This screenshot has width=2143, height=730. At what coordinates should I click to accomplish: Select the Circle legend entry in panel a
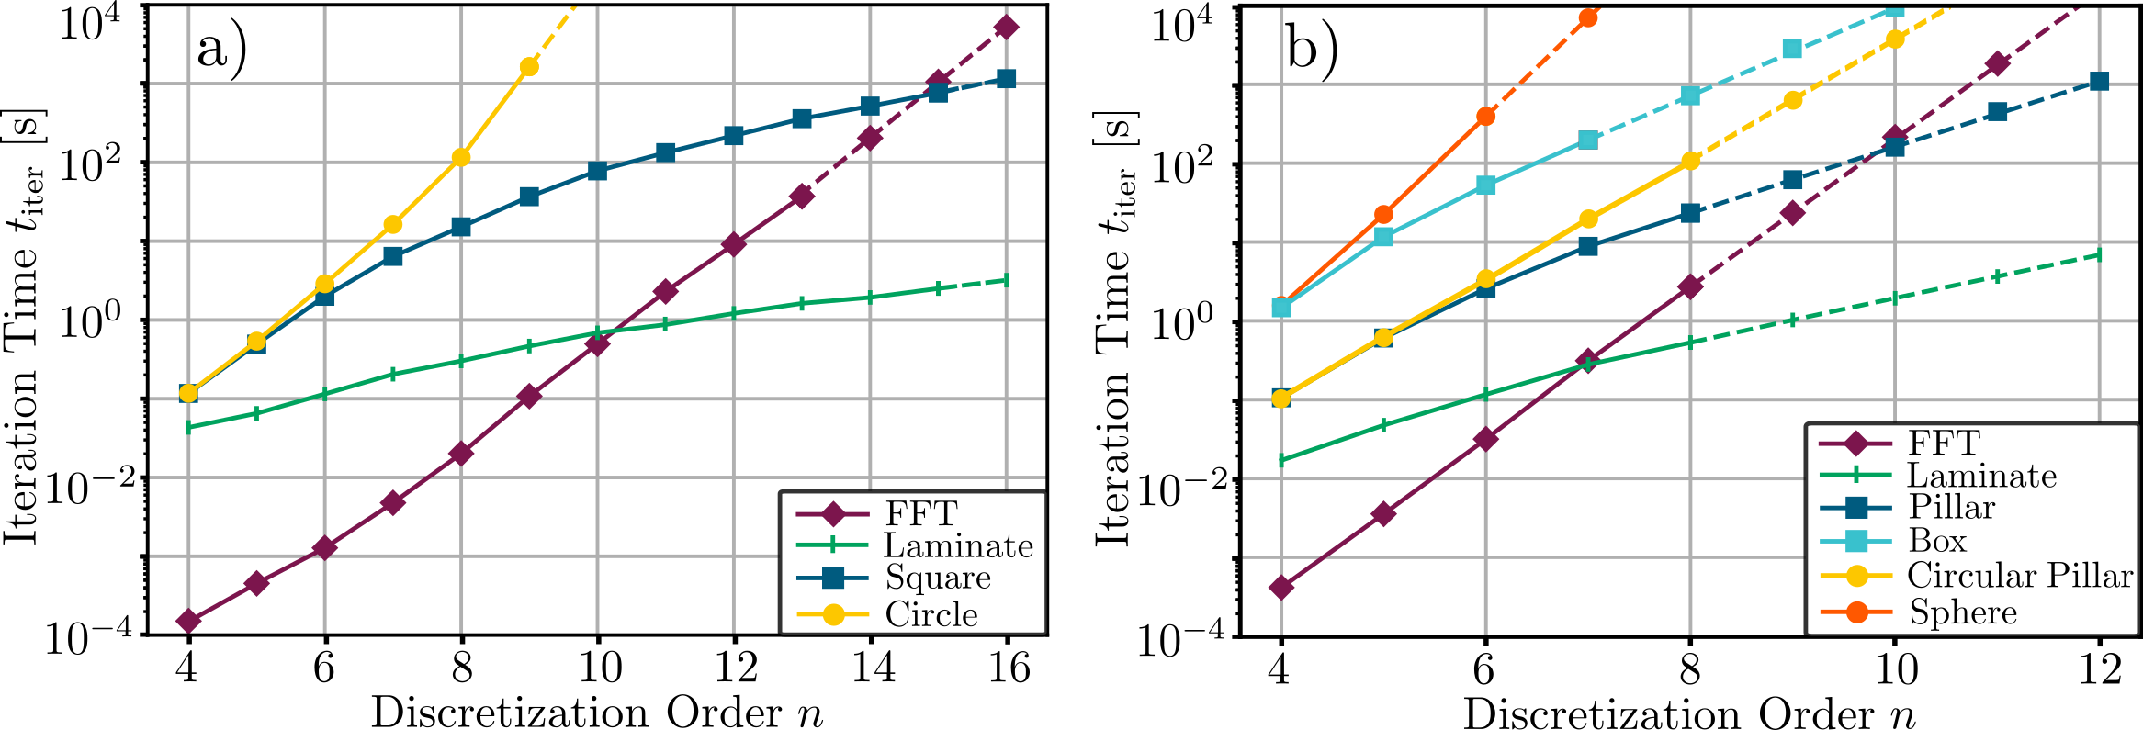click(931, 614)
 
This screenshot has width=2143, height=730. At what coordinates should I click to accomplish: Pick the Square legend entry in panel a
click(937, 578)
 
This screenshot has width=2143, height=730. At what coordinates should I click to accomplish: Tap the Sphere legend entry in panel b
click(1963, 612)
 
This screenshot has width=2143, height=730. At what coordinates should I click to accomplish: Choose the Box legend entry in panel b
click(1937, 541)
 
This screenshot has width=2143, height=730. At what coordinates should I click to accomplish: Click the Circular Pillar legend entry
click(2019, 576)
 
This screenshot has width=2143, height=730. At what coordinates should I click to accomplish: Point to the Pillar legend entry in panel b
click(1952, 507)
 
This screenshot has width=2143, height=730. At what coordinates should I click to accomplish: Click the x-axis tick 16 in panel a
click(1008, 668)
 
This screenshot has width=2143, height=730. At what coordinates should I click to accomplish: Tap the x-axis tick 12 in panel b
click(2099, 669)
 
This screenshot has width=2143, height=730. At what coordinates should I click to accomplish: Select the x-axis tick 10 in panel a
click(598, 668)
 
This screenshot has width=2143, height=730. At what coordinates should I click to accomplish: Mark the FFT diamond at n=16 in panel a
click(1007, 27)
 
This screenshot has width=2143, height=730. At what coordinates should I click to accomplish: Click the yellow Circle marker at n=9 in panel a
click(529, 66)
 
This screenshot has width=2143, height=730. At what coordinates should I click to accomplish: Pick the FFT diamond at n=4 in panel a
click(188, 621)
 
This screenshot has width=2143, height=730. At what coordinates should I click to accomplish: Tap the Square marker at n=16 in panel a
click(1007, 79)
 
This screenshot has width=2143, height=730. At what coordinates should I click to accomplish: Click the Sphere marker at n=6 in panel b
click(1485, 116)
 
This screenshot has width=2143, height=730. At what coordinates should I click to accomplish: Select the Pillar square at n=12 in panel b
click(2099, 82)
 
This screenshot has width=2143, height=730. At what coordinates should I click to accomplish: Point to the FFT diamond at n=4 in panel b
click(1280, 587)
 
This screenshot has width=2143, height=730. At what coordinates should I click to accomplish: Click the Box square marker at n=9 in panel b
click(1792, 49)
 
